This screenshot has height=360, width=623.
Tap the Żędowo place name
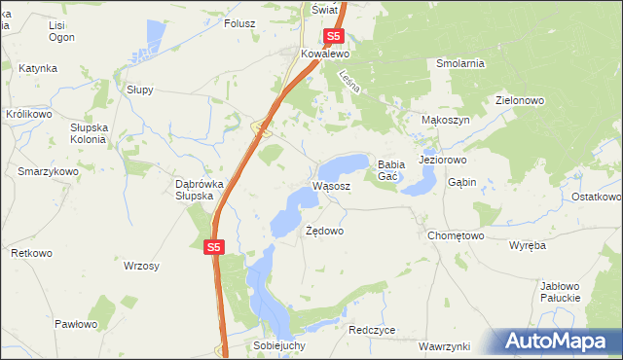325,232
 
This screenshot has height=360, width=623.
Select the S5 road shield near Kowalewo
334,36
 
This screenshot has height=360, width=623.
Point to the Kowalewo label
324,54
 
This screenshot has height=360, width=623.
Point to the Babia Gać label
391,170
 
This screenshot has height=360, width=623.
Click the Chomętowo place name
456,235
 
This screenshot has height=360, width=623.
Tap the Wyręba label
528,245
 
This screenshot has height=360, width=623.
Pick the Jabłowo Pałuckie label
560,292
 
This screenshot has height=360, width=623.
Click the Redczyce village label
372,330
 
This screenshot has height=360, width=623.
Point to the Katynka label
38,69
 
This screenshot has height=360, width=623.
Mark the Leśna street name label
349,82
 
